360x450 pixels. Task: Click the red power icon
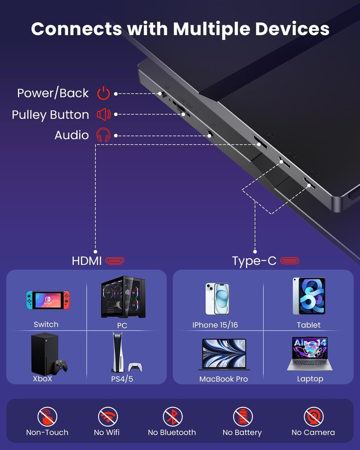point(103,94)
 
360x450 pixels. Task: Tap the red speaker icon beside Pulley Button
point(103,115)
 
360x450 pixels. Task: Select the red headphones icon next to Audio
point(103,135)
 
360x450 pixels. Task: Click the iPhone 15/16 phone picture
point(217,298)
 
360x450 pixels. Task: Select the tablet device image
point(309,296)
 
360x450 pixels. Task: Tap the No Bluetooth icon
point(172,417)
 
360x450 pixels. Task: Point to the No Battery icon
point(242,417)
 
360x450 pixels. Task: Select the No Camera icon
point(313,417)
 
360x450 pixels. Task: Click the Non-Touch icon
point(47,417)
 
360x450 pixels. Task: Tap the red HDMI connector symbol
point(115,261)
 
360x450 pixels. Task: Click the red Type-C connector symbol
point(290,261)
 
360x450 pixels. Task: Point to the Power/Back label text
point(53,93)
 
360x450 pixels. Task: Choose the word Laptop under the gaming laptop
point(310,379)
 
